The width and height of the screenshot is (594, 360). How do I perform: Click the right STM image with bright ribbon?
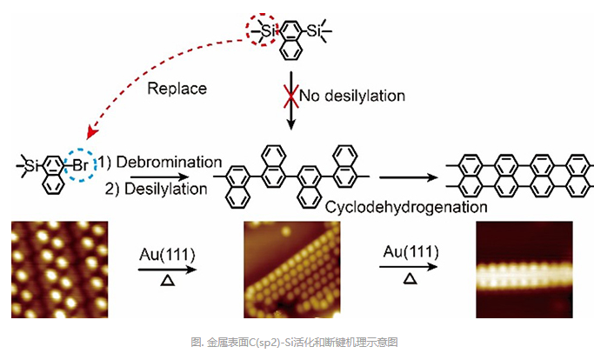point(525,267)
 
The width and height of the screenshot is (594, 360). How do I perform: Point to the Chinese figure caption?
point(297,342)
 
